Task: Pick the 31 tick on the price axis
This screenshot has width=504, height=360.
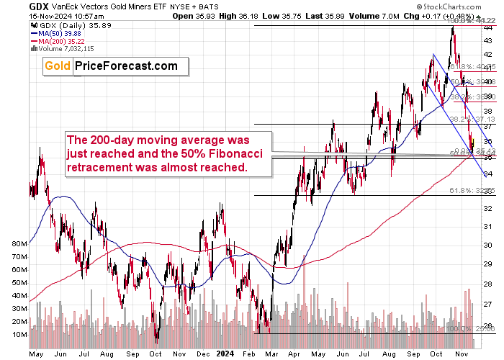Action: click(487, 228)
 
